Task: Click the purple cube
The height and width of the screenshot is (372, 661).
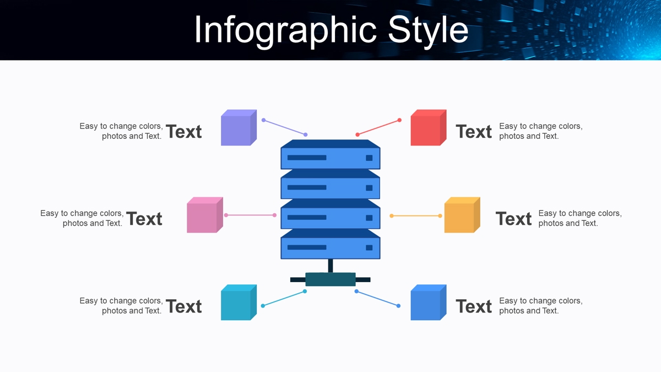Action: (x=239, y=127)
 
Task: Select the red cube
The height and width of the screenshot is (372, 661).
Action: (x=429, y=127)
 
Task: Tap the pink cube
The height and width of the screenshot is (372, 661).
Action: (x=205, y=215)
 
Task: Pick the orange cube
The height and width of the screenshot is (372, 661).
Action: (x=462, y=215)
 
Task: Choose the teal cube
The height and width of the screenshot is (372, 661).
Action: (x=239, y=303)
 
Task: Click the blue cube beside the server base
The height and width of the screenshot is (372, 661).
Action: (x=429, y=303)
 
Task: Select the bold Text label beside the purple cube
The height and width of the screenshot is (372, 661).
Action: (x=184, y=131)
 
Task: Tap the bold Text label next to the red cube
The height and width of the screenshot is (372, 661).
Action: (x=474, y=131)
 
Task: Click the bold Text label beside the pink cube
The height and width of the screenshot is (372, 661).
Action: (x=144, y=219)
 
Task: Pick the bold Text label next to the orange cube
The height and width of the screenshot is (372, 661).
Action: (x=514, y=219)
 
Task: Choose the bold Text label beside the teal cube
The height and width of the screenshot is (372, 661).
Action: (x=184, y=306)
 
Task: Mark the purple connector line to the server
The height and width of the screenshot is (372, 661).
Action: (x=284, y=127)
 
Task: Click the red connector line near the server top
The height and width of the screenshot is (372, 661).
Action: (x=378, y=127)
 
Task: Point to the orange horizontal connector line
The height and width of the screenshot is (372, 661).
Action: (x=416, y=216)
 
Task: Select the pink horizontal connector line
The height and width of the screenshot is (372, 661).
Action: (x=250, y=215)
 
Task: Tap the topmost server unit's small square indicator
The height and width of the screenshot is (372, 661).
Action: (x=369, y=158)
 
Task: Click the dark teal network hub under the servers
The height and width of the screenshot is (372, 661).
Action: (x=330, y=279)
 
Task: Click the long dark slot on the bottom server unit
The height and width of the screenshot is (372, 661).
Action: (x=307, y=247)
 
